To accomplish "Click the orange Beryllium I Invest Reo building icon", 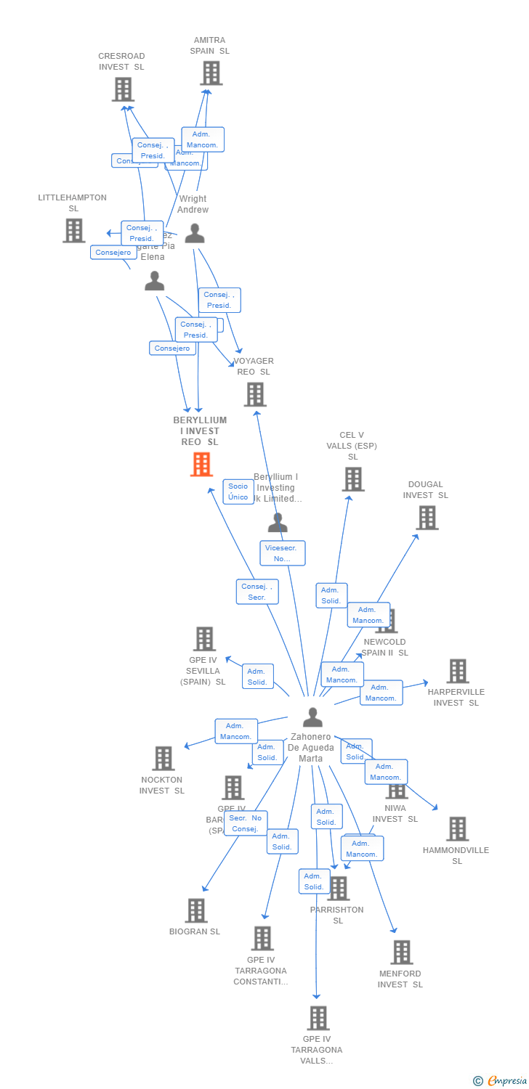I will point(201,465).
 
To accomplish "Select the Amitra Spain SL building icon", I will point(211,73).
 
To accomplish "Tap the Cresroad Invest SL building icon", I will point(123,89).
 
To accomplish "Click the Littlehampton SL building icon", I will point(73,231).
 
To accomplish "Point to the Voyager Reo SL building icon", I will point(255,394).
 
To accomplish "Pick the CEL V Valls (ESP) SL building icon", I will point(352,479).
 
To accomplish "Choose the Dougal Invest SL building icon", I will point(427,518).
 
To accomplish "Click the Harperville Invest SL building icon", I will point(457,671).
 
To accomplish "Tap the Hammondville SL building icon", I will point(457,828).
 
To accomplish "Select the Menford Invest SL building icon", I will point(401,952).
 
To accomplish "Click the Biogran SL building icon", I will point(196,910).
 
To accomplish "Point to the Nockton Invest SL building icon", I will point(163,759).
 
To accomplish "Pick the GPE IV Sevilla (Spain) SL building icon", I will point(204,639).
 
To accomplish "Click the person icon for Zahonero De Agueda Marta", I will point(312,717).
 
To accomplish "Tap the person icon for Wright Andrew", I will point(194,234).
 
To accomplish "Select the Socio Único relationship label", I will point(238,492).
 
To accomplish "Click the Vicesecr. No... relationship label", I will point(283,553).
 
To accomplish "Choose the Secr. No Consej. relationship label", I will point(246,823).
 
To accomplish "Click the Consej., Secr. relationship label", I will point(257,592).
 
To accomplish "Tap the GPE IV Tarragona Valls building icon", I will point(318,1018).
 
